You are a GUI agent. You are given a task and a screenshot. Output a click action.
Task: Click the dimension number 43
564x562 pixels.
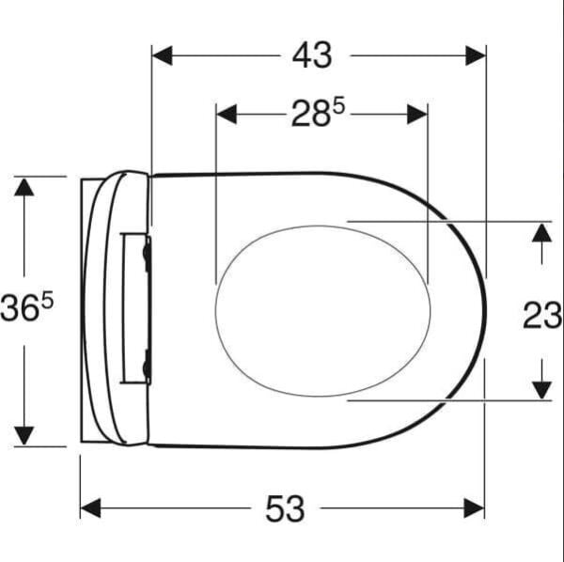pos(312,56)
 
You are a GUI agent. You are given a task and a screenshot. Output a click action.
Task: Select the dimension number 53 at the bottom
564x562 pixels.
pos(285,509)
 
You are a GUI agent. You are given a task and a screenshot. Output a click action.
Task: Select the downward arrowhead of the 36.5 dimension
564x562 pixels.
pos(24,435)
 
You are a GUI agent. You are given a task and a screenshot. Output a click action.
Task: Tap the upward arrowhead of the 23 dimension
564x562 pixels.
pos(540,231)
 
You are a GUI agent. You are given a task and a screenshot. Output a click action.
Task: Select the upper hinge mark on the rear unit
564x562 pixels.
pos(147,251)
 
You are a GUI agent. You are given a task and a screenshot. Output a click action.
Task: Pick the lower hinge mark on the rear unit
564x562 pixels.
pos(147,366)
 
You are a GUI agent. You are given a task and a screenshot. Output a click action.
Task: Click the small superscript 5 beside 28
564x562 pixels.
pos(339,106)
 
